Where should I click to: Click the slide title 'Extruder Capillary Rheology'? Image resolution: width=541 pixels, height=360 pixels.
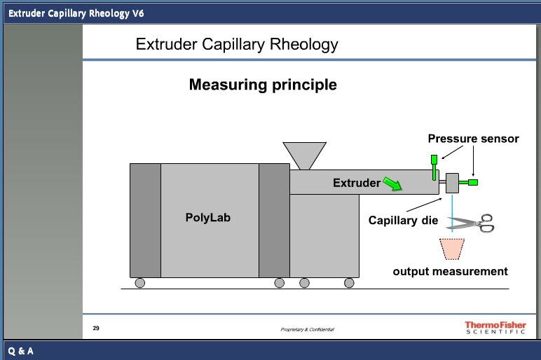(x=236, y=45)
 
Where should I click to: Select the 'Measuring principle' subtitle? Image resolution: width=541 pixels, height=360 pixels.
(x=263, y=85)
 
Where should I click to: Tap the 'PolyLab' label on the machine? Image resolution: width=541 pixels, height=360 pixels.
(x=207, y=217)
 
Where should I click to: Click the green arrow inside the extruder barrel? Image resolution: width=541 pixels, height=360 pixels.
(x=393, y=184)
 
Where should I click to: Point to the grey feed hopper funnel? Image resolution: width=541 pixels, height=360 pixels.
(x=304, y=155)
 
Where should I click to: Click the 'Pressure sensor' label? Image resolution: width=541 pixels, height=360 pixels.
(x=473, y=139)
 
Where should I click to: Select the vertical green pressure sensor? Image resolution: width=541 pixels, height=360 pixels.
(x=434, y=165)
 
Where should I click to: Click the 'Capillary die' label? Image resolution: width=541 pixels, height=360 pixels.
(x=403, y=220)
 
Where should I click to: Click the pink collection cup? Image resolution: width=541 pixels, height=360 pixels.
(x=451, y=249)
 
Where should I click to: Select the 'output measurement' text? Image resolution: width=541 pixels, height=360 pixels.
(x=450, y=271)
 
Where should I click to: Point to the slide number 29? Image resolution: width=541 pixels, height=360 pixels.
(x=96, y=327)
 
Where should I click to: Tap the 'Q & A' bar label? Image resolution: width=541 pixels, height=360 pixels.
(x=21, y=350)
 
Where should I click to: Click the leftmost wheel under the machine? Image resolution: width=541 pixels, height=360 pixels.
(x=140, y=283)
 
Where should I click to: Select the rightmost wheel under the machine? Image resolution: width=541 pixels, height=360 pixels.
(x=349, y=283)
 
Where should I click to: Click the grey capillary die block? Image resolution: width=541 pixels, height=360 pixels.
(x=451, y=184)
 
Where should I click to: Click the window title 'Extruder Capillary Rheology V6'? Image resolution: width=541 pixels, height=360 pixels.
(x=76, y=13)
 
